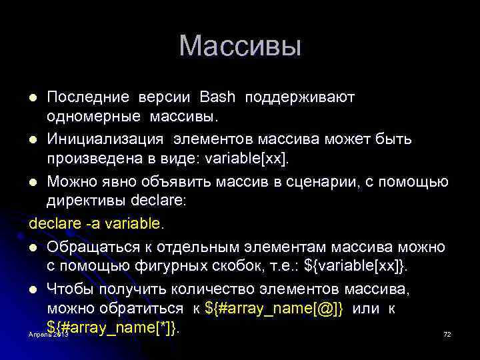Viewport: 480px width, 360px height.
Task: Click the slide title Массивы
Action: [240, 46]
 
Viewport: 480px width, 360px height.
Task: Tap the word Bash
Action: [217, 97]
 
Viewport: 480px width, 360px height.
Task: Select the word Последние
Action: [89, 97]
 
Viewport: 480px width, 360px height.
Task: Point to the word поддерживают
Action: [300, 97]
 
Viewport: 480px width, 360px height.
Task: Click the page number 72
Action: [447, 333]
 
